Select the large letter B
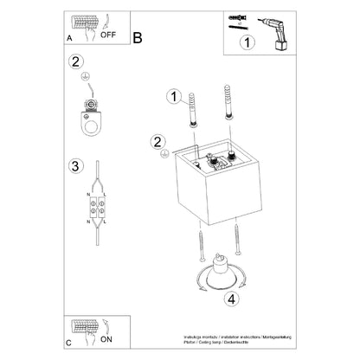point(138,37)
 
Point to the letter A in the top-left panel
point(70,38)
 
